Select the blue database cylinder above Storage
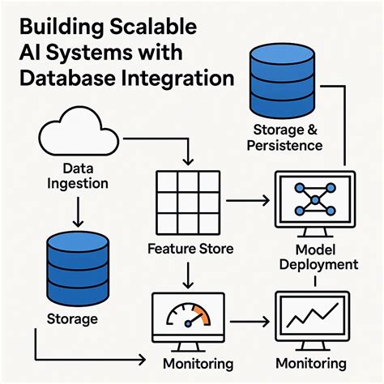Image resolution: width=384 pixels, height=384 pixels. (x=77, y=262)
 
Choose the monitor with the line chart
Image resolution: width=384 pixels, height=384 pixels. (x=313, y=317)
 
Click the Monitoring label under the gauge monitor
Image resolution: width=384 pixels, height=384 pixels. (x=198, y=363)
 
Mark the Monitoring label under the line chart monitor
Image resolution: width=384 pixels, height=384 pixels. (x=311, y=363)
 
